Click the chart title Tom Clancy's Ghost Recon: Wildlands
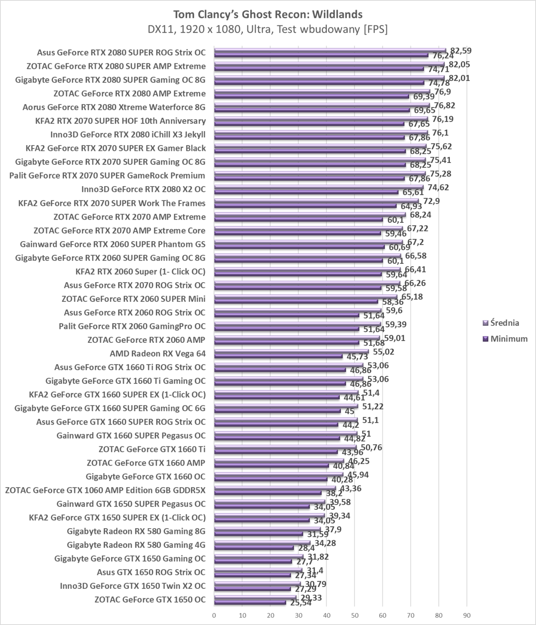[x=268, y=14]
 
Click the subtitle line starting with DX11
[x=268, y=29]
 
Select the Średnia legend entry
[x=504, y=323]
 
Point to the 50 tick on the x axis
[x=355, y=615]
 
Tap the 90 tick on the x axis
[x=467, y=615]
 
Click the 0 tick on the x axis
[x=214, y=615]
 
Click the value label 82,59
[x=461, y=50]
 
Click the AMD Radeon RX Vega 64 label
[x=158, y=354]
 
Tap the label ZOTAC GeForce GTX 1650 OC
[x=150, y=600]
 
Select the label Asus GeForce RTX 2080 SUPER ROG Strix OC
[x=121, y=53]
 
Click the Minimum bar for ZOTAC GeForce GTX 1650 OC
[x=250, y=602]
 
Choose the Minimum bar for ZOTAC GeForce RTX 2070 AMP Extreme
[x=298, y=220]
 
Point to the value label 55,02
[x=384, y=352]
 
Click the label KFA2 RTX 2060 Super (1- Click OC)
[x=141, y=271]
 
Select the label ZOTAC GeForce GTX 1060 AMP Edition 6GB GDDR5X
[x=105, y=490]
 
